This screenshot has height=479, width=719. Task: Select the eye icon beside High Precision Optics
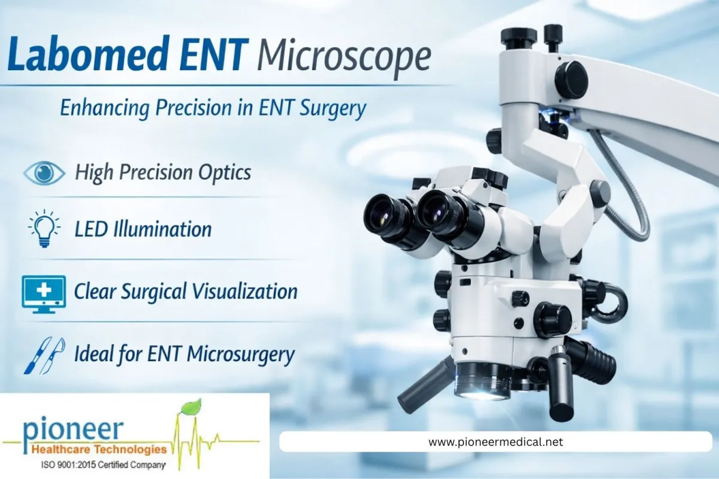click(x=44, y=172)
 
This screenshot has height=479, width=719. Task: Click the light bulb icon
click(x=44, y=229)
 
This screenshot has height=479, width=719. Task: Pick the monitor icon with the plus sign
click(x=44, y=292)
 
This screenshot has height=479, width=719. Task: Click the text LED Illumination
click(x=143, y=229)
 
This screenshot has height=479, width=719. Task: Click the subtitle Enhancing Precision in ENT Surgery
click(x=213, y=109)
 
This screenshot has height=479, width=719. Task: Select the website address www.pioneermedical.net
click(x=496, y=442)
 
